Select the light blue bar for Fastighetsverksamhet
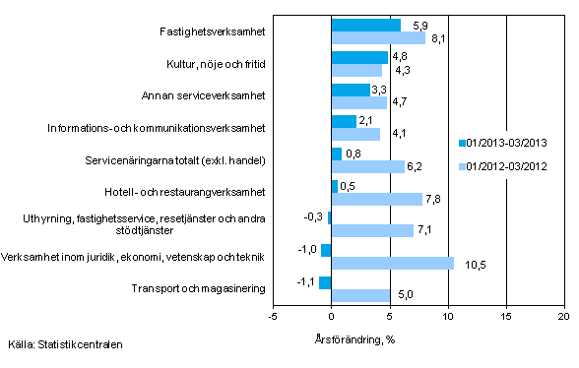(378, 38)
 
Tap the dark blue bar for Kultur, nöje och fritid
(359, 57)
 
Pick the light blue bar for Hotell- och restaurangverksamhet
(377, 199)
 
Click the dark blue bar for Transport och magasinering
(325, 282)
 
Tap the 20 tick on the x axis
(564, 317)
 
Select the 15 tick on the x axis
(506, 317)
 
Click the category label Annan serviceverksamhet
(206, 96)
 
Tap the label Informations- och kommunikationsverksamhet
(158, 128)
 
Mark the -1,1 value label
(306, 281)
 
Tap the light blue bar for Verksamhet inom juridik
(393, 263)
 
